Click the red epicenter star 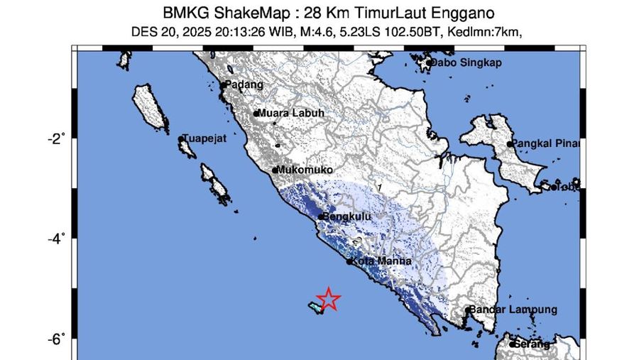click(x=329, y=299)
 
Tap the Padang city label click(x=244, y=84)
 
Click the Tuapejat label click(x=204, y=139)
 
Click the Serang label click(x=533, y=344)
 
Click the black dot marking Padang click(x=223, y=86)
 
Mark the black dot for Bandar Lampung click(x=469, y=310)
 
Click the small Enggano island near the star click(x=315, y=307)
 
